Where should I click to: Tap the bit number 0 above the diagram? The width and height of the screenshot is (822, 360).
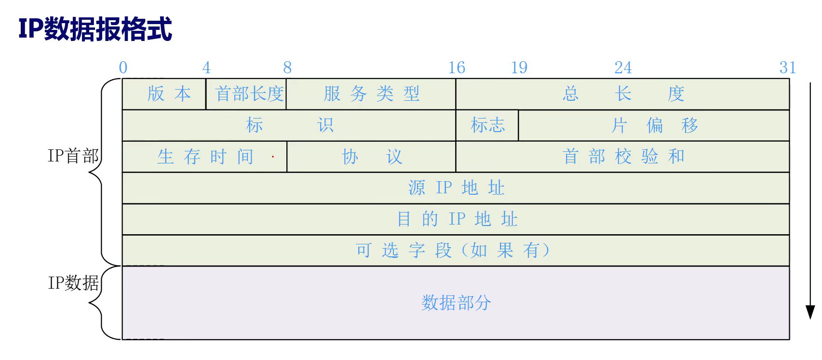[x=123, y=67]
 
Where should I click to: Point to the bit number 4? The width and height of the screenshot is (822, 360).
[x=206, y=67]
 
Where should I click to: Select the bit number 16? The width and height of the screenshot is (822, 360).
[x=457, y=67]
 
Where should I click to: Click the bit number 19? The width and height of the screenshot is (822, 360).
[x=519, y=67]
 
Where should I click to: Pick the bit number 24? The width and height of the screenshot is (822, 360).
[x=623, y=67]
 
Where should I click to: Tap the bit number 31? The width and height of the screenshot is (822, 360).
[x=788, y=67]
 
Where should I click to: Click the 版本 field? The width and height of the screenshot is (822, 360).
[x=169, y=93]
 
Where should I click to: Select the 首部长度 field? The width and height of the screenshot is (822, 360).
[x=249, y=93]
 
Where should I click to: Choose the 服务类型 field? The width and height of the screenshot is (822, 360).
[x=371, y=93]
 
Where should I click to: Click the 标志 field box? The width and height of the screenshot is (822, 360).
[x=487, y=125]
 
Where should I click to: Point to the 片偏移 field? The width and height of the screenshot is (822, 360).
[x=654, y=125]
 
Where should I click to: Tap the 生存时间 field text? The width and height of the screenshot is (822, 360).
[x=205, y=157]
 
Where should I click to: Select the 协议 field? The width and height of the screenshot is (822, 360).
[x=371, y=157]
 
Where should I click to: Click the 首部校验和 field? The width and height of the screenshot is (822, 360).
[x=623, y=156]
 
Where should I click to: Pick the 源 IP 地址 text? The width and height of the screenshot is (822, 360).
[x=456, y=187]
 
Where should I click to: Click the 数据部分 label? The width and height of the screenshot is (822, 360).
[x=456, y=303]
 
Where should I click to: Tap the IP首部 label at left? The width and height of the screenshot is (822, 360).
[x=73, y=156]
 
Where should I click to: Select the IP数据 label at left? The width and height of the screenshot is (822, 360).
[x=73, y=283]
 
